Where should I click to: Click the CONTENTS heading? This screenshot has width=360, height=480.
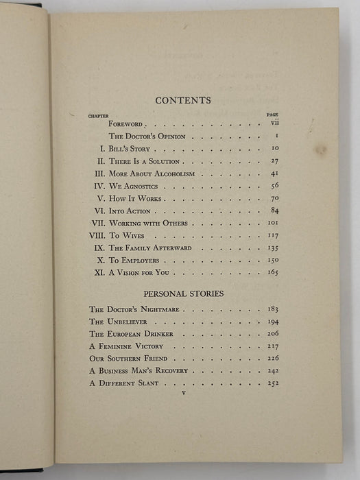[183, 100]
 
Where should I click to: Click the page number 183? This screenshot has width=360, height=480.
[272, 310]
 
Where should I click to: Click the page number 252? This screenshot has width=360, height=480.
[272, 383]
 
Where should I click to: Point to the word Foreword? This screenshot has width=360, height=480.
[128, 125]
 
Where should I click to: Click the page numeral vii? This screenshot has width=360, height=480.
[272, 125]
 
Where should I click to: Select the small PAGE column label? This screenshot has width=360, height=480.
[272, 115]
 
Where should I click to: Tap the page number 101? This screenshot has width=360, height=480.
[272, 223]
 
